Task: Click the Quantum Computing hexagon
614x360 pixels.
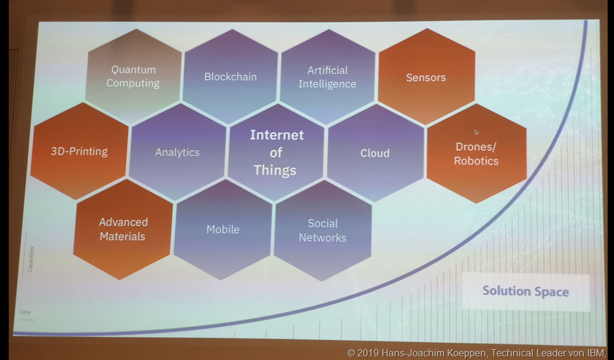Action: [134, 76]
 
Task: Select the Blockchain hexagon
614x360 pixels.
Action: [230, 77]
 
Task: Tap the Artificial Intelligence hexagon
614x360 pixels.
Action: [327, 77]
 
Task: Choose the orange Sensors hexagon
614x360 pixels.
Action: [426, 77]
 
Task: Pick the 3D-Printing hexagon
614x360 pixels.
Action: [80, 151]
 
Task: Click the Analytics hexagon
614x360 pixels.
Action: [177, 152]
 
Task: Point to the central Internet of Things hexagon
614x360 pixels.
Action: [276, 153]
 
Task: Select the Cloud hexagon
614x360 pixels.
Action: [375, 153]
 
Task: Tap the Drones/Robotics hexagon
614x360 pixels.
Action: [477, 154]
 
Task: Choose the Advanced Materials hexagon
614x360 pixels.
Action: [123, 229]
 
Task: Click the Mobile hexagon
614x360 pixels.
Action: [223, 230]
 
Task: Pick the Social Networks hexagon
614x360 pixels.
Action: [323, 230]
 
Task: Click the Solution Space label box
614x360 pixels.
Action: [526, 292]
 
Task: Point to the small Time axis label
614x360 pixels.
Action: [25, 312]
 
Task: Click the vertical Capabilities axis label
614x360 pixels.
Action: [31, 259]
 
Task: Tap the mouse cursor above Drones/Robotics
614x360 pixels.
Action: [476, 133]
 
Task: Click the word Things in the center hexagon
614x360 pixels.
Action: [275, 170]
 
